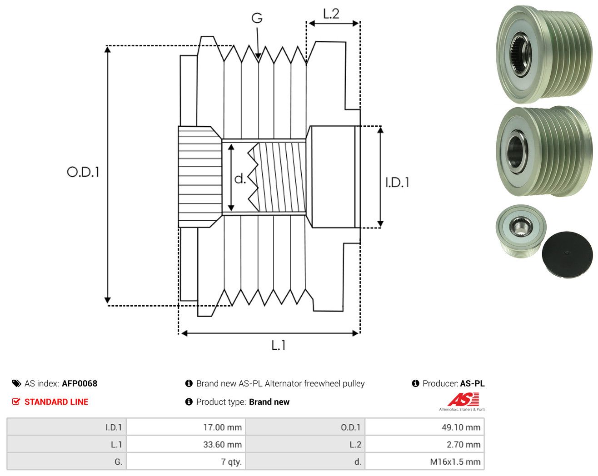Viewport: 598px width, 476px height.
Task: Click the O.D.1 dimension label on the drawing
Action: (x=83, y=172)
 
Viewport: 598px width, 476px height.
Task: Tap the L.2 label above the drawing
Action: (x=331, y=14)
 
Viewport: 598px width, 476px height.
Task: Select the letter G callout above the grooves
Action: (x=257, y=18)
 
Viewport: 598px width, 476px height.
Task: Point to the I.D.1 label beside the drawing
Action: (x=397, y=183)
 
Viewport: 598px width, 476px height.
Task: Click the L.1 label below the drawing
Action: (x=279, y=345)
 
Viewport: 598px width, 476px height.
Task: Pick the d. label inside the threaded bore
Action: (x=240, y=178)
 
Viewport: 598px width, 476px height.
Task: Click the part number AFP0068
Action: (x=80, y=383)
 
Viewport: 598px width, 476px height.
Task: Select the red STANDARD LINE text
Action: (x=56, y=402)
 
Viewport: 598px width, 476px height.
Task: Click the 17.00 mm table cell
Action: (x=186, y=427)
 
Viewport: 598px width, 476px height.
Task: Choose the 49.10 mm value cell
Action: (x=424, y=427)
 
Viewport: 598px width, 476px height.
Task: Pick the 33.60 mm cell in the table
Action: (x=186, y=444)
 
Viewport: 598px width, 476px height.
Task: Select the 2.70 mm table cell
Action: (x=424, y=444)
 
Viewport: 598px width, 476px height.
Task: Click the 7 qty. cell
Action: (x=186, y=461)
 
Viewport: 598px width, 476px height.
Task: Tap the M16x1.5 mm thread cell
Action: (x=424, y=461)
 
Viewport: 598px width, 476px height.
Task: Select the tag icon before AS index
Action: (x=17, y=383)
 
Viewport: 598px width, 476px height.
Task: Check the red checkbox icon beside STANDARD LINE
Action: (x=16, y=402)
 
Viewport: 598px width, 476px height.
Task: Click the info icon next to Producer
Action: (x=415, y=383)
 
